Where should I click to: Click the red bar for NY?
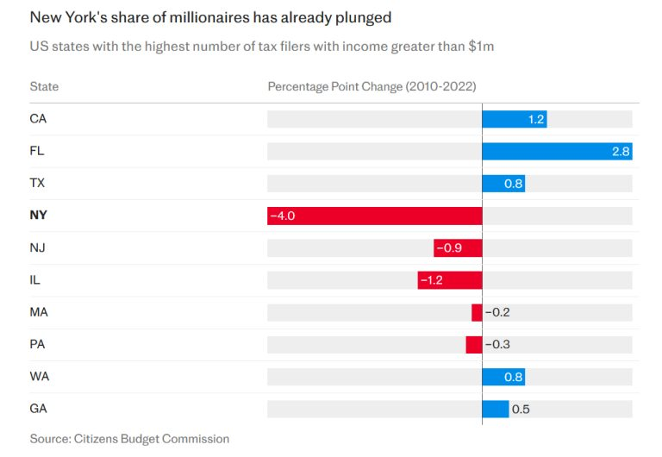(x=374, y=216)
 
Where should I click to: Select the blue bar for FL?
(x=557, y=151)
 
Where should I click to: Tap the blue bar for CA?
(x=514, y=119)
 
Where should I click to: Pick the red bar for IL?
(x=450, y=280)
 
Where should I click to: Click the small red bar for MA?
(x=477, y=312)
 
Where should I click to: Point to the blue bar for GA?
(x=495, y=409)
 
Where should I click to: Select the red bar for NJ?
(x=458, y=248)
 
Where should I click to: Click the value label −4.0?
(x=283, y=216)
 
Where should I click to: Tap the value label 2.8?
(x=621, y=151)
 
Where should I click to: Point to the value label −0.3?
(x=497, y=345)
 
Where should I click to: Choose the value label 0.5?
(x=521, y=409)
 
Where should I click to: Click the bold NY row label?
(x=39, y=216)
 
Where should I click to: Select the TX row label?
(x=37, y=184)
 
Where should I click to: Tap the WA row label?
(x=39, y=377)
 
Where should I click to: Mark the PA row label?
(x=37, y=345)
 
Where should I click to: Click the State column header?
(x=44, y=87)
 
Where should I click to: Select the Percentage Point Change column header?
(x=372, y=87)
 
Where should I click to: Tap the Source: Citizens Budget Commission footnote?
(x=129, y=439)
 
